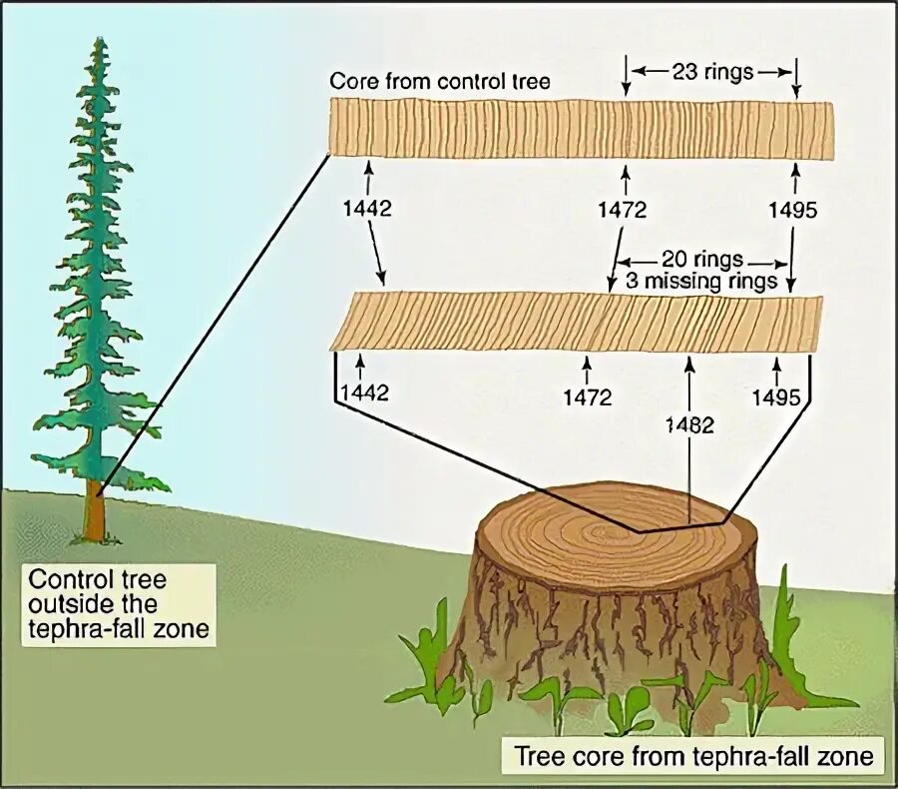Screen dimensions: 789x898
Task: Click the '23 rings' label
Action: (710, 72)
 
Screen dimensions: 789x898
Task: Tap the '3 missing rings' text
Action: (701, 281)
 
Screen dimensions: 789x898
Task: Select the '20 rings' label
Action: (701, 260)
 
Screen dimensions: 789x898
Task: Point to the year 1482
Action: (689, 424)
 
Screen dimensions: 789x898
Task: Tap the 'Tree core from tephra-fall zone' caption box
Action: (692, 756)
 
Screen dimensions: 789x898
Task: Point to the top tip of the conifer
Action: (100, 42)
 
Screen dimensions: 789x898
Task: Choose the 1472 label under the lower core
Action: (587, 396)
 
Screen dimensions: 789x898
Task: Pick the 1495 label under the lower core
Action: (776, 396)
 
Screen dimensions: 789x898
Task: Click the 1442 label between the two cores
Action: (368, 210)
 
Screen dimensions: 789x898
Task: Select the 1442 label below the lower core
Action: (364, 393)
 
